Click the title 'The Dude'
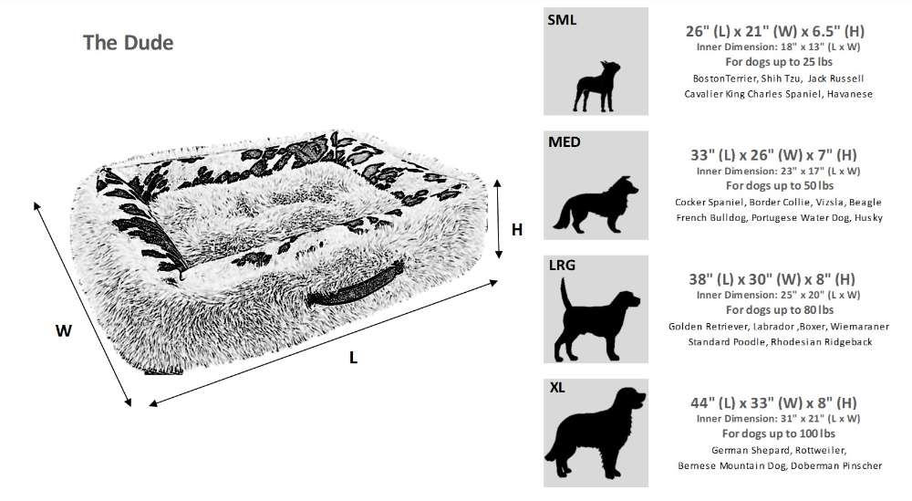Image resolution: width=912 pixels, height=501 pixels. coord(128,42)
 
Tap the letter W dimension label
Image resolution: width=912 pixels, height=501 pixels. coord(64,331)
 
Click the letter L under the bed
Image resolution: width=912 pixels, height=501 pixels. coord(353,358)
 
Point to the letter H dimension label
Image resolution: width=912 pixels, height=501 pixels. coord(517,230)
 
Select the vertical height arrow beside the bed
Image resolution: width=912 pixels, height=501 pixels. coord(498,219)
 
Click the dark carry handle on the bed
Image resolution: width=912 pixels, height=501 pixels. coord(355,287)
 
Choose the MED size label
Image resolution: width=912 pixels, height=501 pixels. coord(565,141)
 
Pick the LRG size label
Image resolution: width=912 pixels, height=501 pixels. coord(563,266)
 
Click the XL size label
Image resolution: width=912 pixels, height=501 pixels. coord(557,388)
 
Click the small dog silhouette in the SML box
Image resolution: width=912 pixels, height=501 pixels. coord(596,84)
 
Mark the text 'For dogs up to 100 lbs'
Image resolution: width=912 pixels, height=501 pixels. coord(778,433)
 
